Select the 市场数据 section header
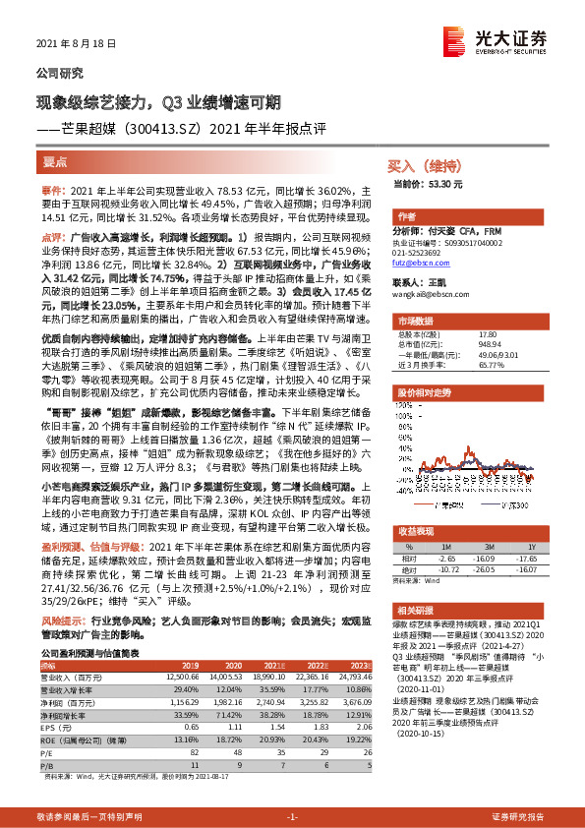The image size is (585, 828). pyautogui.click(x=419, y=322)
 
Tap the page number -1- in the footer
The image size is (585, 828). pyautogui.click(x=292, y=816)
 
